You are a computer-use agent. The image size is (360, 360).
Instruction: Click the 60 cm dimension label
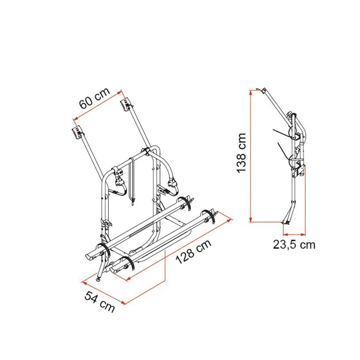(x=95, y=98)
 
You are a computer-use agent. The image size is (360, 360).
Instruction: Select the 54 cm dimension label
(x=100, y=302)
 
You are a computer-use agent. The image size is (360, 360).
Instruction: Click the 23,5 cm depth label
(x=294, y=245)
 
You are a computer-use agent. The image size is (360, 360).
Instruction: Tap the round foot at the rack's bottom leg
(x=99, y=279)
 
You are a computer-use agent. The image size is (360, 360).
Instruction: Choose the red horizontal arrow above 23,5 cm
(x=295, y=234)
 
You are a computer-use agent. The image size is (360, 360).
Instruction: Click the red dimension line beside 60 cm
(x=97, y=106)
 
